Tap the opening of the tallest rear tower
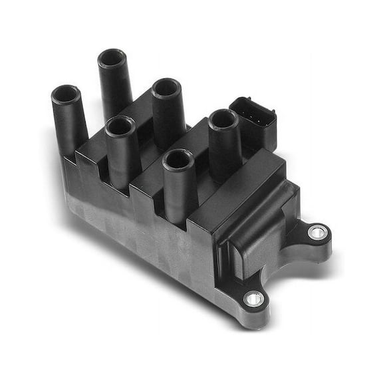click(x=112, y=57)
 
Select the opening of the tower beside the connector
click(x=223, y=119)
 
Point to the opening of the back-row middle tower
click(x=167, y=88)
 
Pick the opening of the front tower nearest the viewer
click(x=178, y=160)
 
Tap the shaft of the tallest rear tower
click(x=116, y=86)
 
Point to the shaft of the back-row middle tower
click(x=169, y=120)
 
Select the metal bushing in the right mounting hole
click(x=318, y=232)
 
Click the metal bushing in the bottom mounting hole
click(x=253, y=299)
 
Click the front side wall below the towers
click(x=146, y=233)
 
